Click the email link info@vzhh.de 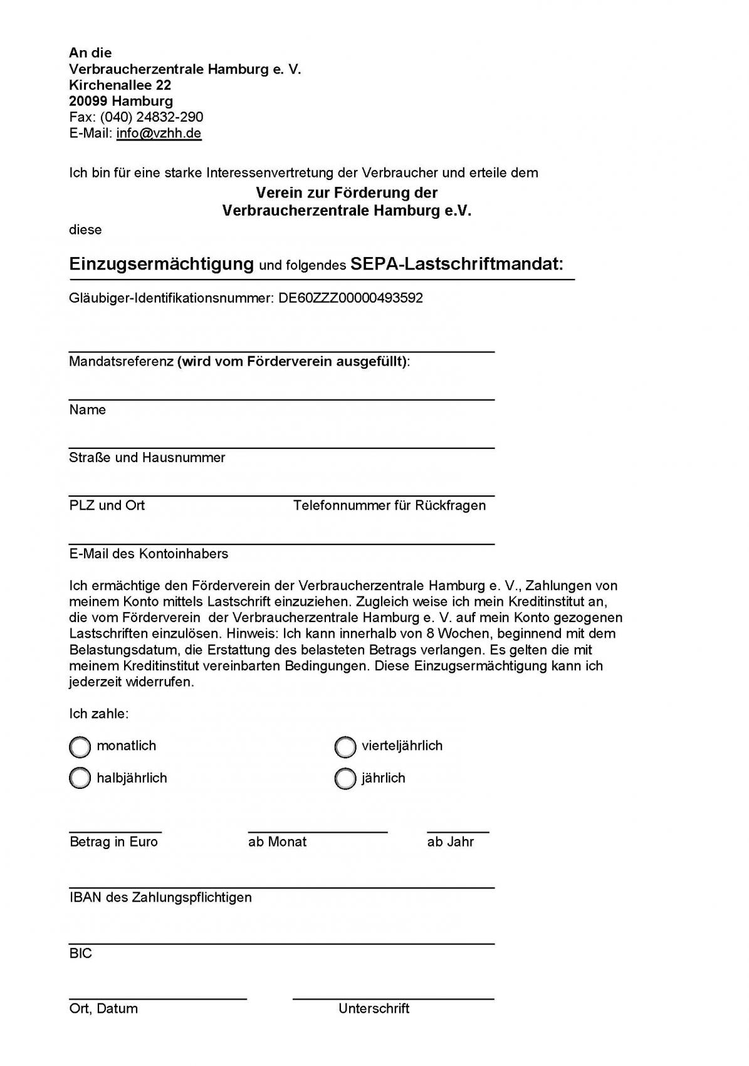[x=159, y=134]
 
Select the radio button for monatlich [x=80, y=747]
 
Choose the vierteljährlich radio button [x=345, y=747]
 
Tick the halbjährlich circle [x=80, y=779]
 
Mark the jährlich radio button [x=345, y=779]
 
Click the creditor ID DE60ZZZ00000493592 [x=350, y=298]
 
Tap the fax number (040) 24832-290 [x=151, y=117]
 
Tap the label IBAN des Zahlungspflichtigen [x=160, y=898]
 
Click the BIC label [x=81, y=954]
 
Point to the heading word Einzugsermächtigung [x=161, y=264]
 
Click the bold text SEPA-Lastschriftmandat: [x=457, y=264]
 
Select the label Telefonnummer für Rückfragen [x=389, y=505]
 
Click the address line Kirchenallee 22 [x=120, y=85]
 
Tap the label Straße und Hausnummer [x=147, y=458]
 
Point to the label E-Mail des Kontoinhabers [x=149, y=554]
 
